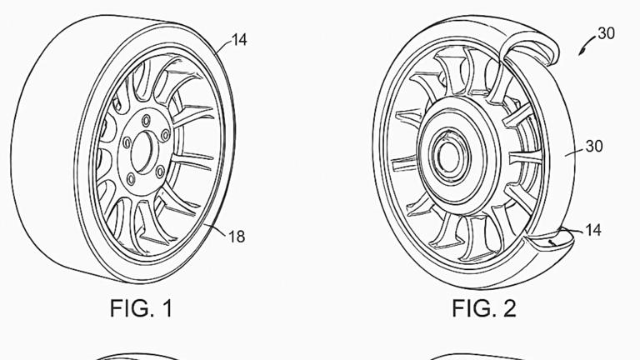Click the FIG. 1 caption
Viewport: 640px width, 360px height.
point(141,308)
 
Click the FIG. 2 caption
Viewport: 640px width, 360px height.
point(483,308)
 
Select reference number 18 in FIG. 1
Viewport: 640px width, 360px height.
point(237,237)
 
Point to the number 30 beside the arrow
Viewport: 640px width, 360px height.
point(606,33)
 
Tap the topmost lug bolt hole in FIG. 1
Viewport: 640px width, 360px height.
point(147,121)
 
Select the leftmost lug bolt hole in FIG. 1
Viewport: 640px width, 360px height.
point(127,143)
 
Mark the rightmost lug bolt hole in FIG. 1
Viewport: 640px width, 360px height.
point(165,134)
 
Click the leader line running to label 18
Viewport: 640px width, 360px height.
point(215,229)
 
